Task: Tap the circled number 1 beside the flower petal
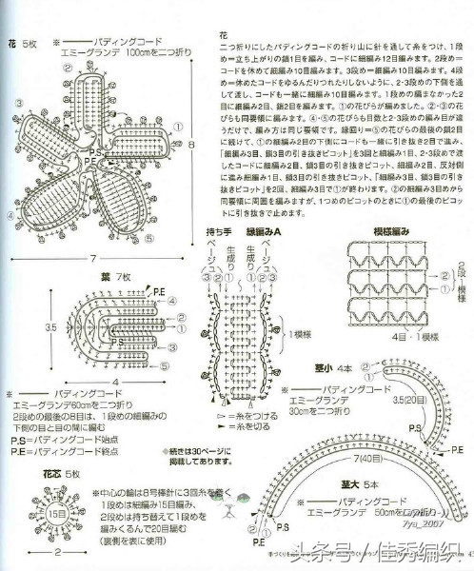pos(179,124)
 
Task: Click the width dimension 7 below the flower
pos(93,259)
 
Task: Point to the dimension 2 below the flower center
pos(57,553)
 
